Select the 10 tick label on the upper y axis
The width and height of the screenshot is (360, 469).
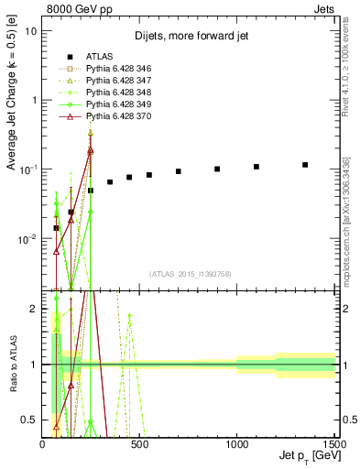tap(30, 30)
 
